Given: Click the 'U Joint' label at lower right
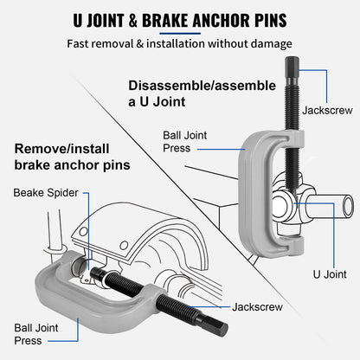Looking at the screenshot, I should point(330,273).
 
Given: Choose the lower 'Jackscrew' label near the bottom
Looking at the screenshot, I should point(257,306).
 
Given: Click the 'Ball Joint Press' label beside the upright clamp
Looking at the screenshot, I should point(189,142).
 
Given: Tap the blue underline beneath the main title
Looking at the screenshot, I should point(179,34).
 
